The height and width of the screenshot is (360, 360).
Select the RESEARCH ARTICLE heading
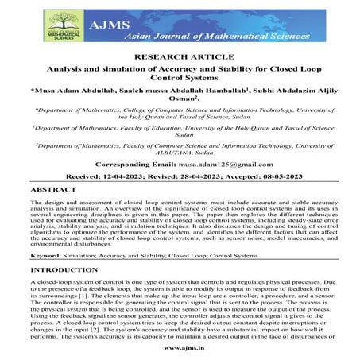(180, 57)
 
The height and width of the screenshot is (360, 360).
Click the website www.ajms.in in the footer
(180, 348)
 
